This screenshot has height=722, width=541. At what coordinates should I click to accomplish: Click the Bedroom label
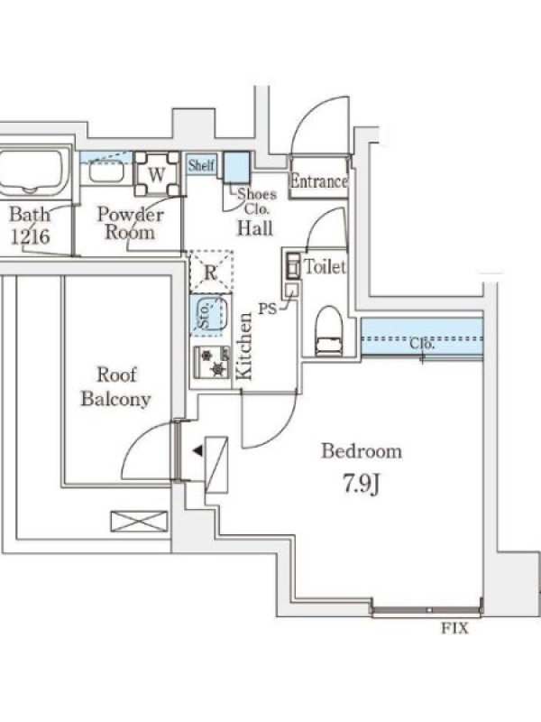click(362, 451)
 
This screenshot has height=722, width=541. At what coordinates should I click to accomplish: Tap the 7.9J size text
click(361, 486)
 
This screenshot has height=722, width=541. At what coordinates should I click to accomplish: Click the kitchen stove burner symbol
click(213, 362)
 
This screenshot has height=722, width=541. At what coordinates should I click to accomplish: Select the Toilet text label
click(325, 267)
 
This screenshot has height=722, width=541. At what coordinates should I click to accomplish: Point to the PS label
click(268, 309)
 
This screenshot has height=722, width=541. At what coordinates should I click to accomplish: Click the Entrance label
click(318, 181)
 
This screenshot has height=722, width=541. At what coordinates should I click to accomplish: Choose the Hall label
click(255, 228)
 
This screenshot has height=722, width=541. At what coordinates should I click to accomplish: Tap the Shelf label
click(202, 165)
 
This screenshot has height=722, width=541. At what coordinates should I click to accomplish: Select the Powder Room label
click(130, 223)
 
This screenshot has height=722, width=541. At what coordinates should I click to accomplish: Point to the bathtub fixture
click(31, 172)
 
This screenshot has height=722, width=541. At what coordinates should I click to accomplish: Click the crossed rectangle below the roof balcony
click(139, 522)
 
